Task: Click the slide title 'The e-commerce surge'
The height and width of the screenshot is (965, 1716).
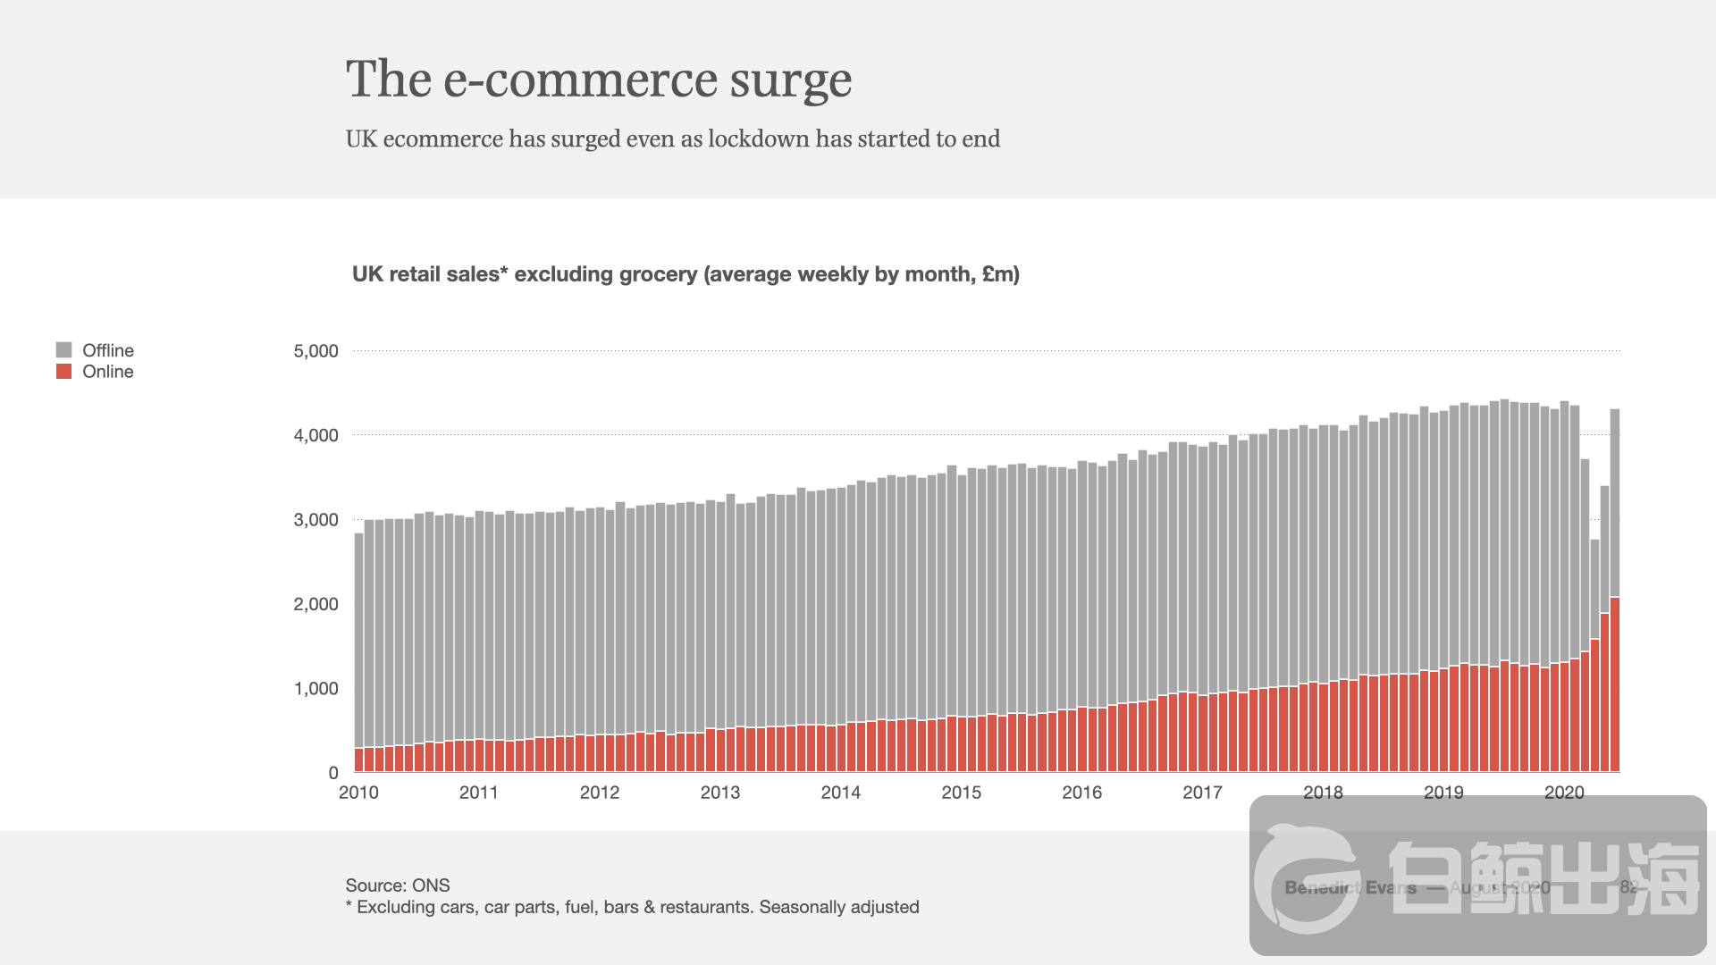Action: tap(598, 80)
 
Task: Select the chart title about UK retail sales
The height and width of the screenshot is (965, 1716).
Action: tap(686, 274)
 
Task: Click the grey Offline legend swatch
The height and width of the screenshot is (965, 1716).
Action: tap(63, 350)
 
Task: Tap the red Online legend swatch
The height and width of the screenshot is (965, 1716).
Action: tap(63, 372)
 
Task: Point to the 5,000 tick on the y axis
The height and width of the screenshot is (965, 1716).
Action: tap(315, 351)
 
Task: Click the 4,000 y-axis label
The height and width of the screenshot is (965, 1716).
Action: tap(315, 436)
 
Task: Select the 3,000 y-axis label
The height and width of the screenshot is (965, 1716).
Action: tap(315, 520)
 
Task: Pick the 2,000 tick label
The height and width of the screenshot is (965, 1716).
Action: tap(315, 605)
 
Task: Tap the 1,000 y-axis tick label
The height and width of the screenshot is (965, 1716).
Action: tap(315, 689)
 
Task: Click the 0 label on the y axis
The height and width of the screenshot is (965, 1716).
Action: tap(333, 773)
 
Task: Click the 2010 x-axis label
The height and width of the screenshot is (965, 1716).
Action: tap(358, 793)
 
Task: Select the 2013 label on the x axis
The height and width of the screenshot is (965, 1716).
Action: tap(719, 793)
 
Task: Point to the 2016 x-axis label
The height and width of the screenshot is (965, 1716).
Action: tap(1081, 793)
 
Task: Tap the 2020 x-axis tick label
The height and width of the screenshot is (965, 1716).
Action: tap(1564, 793)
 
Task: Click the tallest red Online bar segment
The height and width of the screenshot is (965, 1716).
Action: tap(1615, 684)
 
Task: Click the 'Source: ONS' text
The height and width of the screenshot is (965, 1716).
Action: tap(398, 885)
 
